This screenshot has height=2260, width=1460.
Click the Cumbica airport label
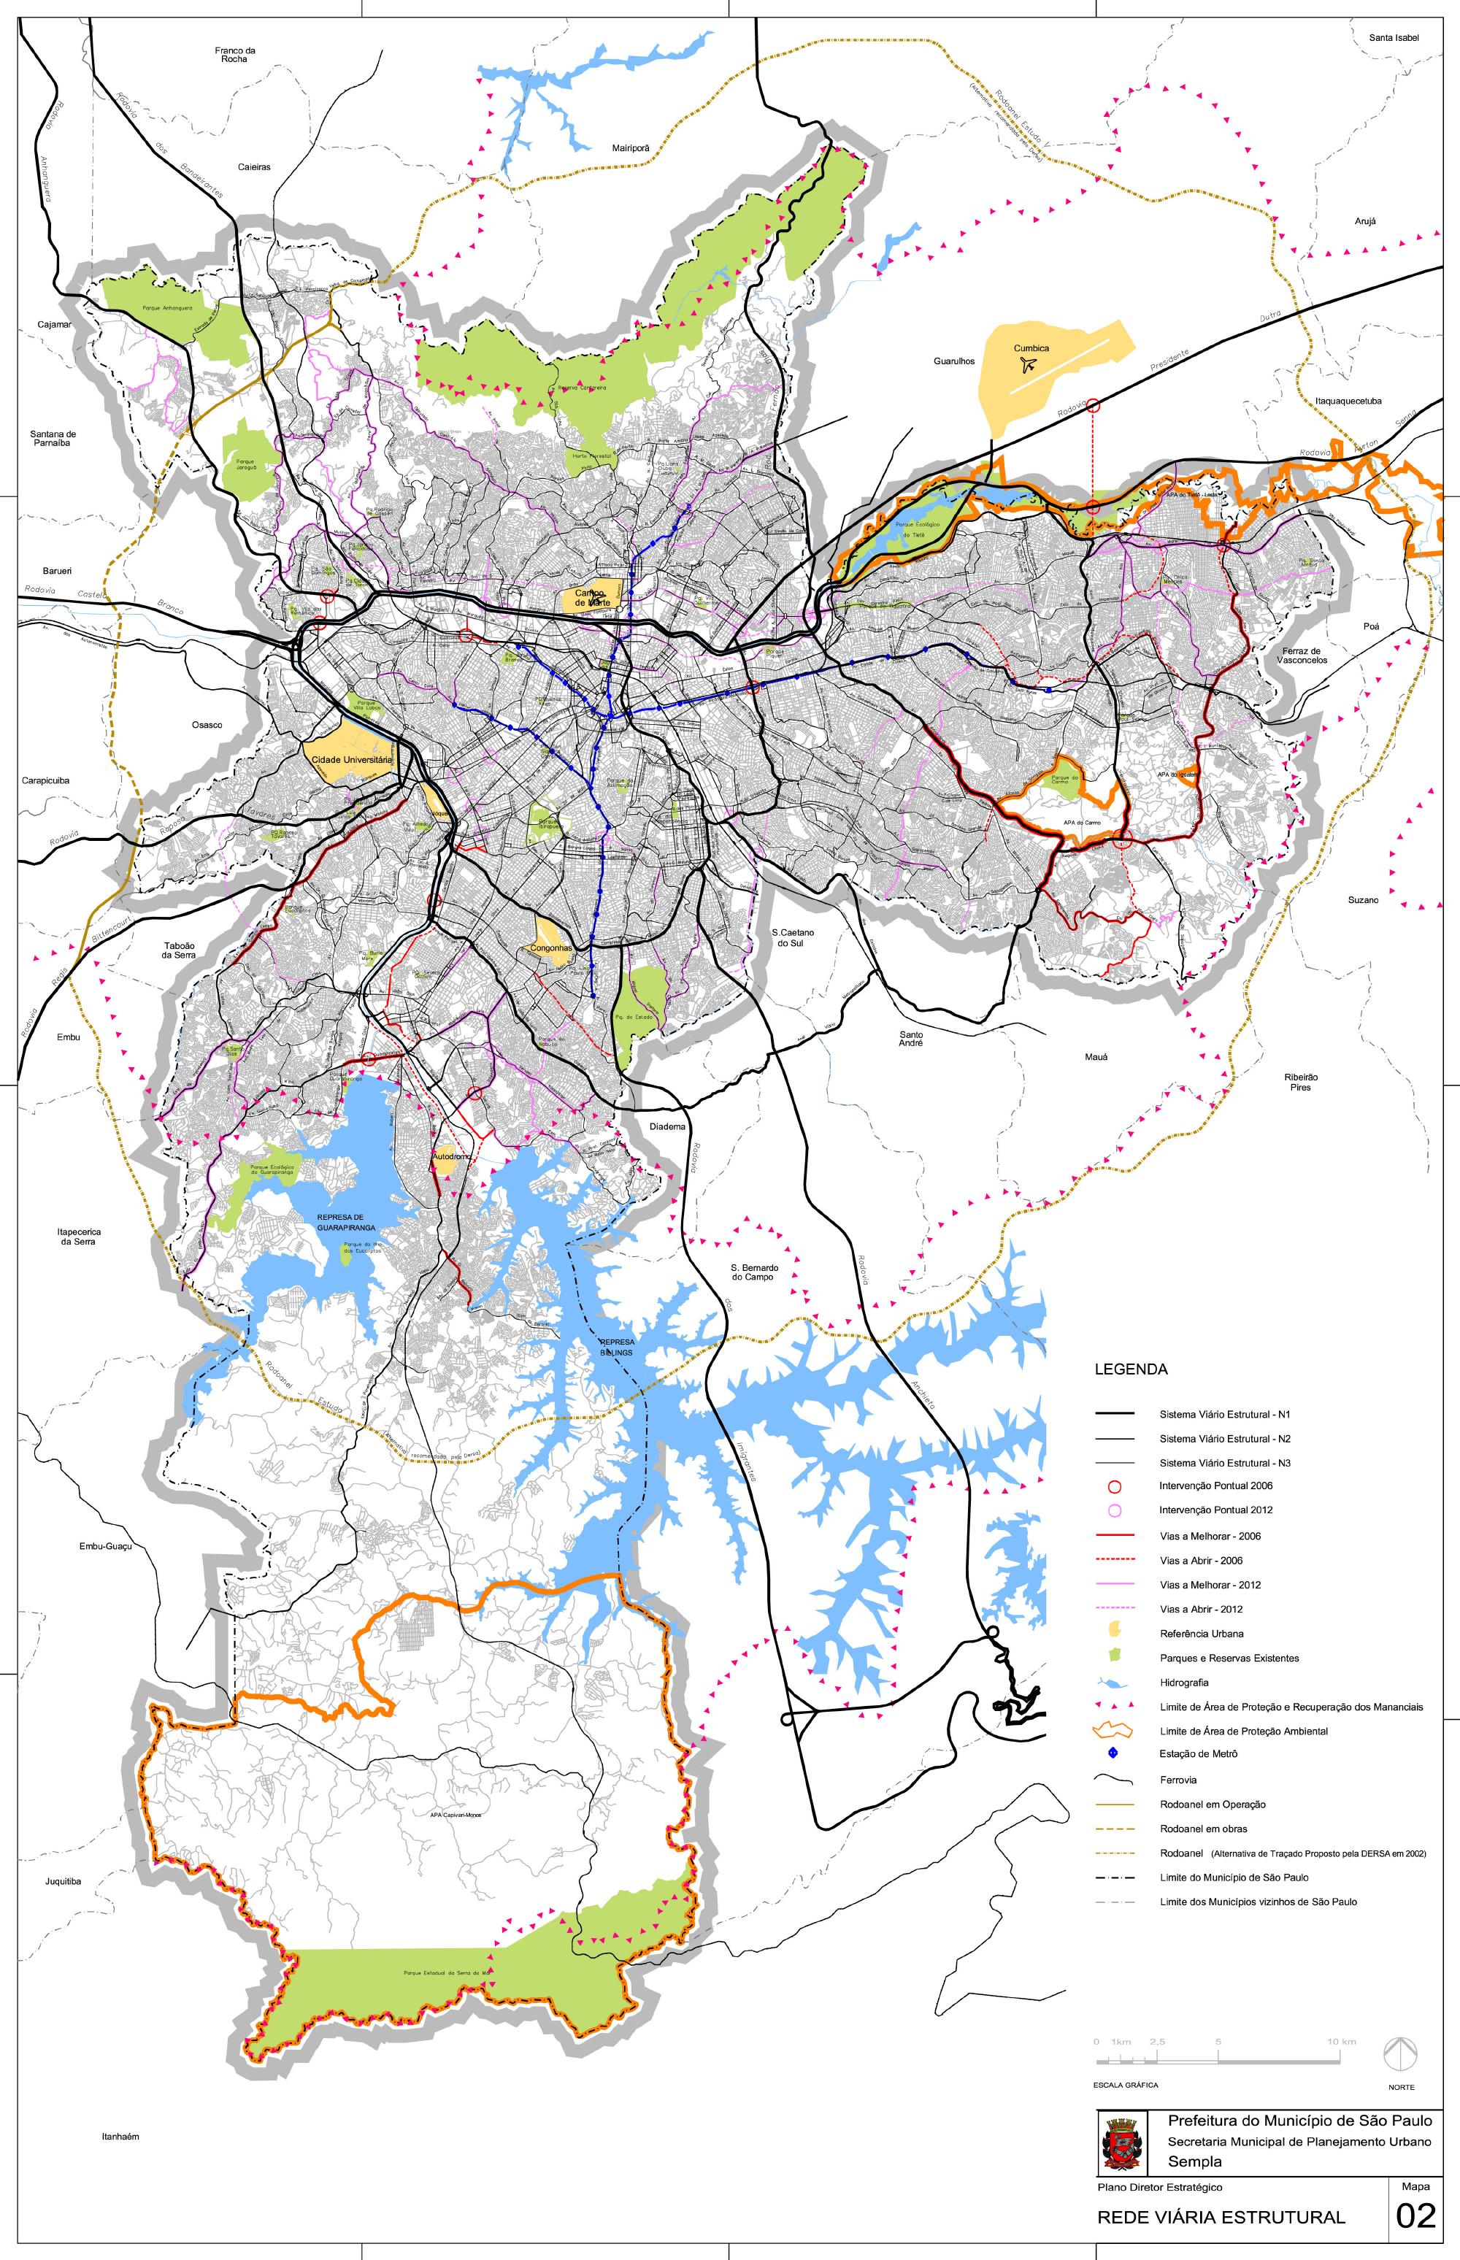point(1031,348)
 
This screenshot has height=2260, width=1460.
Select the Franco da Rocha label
point(235,55)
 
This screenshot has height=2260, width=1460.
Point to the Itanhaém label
point(120,2137)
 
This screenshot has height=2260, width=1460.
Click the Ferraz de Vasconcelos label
point(1302,655)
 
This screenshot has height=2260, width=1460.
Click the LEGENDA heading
point(1131,1369)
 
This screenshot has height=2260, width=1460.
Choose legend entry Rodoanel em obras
point(1203,1829)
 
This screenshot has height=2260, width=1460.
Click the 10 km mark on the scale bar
point(1340,2041)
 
